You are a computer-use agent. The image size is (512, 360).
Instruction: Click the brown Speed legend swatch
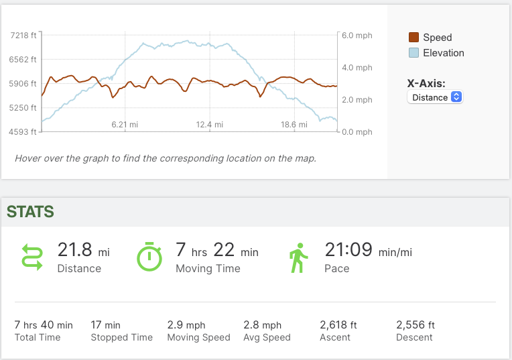pyautogui.click(x=413, y=38)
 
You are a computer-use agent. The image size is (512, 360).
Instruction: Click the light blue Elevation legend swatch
pyautogui.click(x=413, y=53)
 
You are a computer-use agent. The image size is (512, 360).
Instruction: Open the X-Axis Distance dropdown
pyautogui.click(x=435, y=97)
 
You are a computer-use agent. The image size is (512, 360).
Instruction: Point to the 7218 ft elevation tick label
pyautogui.click(x=24, y=35)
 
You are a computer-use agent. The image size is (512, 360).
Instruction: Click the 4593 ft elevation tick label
pyautogui.click(x=24, y=131)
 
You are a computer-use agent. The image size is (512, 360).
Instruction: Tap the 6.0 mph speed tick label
pyautogui.click(x=357, y=36)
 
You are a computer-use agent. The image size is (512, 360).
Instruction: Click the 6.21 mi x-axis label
pyautogui.click(x=125, y=124)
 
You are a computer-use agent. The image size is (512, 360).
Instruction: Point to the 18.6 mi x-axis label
pyautogui.click(x=294, y=124)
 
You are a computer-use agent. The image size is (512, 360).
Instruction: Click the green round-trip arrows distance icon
pyautogui.click(x=32, y=257)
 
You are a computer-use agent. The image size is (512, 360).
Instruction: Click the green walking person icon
pyautogui.click(x=298, y=257)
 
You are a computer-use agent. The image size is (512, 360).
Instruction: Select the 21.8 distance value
pyautogui.click(x=74, y=250)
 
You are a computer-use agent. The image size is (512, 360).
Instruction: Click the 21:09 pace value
pyautogui.click(x=348, y=250)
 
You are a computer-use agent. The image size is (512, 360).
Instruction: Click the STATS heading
pyautogui.click(x=30, y=212)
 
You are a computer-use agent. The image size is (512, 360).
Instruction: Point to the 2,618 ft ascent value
pyautogui.click(x=338, y=324)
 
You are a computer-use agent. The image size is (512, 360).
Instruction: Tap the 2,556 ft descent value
pyautogui.click(x=415, y=324)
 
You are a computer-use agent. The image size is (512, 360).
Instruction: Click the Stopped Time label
pyautogui.click(x=121, y=337)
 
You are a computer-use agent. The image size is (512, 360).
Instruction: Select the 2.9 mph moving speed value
pyautogui.click(x=186, y=324)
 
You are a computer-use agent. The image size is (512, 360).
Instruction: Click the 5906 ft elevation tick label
pyautogui.click(x=24, y=83)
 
